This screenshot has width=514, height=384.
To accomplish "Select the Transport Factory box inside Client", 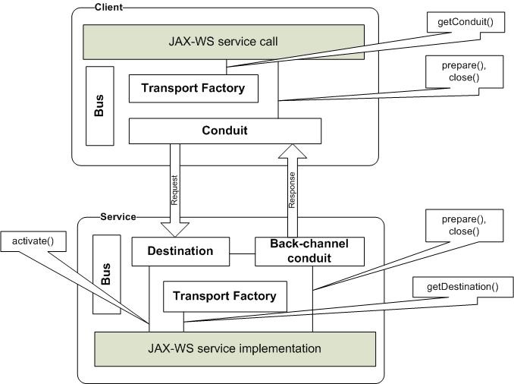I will click(x=193, y=89).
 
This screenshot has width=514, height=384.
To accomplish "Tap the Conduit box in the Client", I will click(x=224, y=131).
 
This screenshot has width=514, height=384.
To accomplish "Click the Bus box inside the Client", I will click(x=99, y=105).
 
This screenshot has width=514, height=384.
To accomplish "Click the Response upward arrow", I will click(x=291, y=190).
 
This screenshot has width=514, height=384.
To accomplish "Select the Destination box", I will click(x=180, y=251).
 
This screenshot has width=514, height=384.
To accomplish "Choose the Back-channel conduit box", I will click(x=298, y=251).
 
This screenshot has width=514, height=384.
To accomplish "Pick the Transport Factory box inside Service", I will click(x=225, y=296).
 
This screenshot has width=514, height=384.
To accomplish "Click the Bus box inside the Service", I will click(x=106, y=274).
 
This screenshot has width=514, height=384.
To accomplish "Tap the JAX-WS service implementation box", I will click(x=234, y=349).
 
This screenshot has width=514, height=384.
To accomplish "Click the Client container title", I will click(x=109, y=7).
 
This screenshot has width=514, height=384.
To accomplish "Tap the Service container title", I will click(x=118, y=216).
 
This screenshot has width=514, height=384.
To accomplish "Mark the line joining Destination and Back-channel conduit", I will click(x=241, y=251).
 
